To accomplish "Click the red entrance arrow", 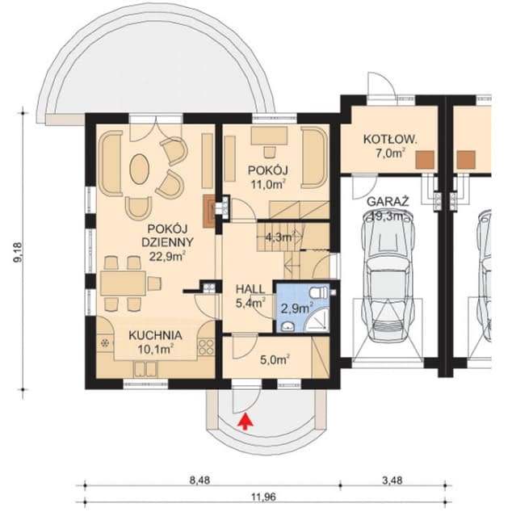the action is (x=246, y=421).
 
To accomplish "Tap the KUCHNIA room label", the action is (x=155, y=335).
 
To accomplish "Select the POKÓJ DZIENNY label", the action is (x=167, y=236).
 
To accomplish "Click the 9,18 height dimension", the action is (x=19, y=252).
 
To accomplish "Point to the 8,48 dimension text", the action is (x=199, y=481).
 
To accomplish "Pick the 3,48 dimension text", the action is (x=392, y=481).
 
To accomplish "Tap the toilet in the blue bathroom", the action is (x=319, y=292).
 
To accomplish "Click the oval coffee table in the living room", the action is (x=140, y=169).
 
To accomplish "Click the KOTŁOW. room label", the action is (x=390, y=140).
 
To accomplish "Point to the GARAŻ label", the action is (x=388, y=201).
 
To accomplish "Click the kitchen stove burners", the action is (x=206, y=347).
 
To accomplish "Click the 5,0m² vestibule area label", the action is (x=275, y=360).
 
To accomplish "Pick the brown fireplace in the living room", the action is (x=209, y=211).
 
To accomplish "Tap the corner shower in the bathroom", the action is (x=316, y=321).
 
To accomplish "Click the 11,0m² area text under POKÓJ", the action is (x=266, y=184).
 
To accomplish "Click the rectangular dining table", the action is (x=123, y=283).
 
